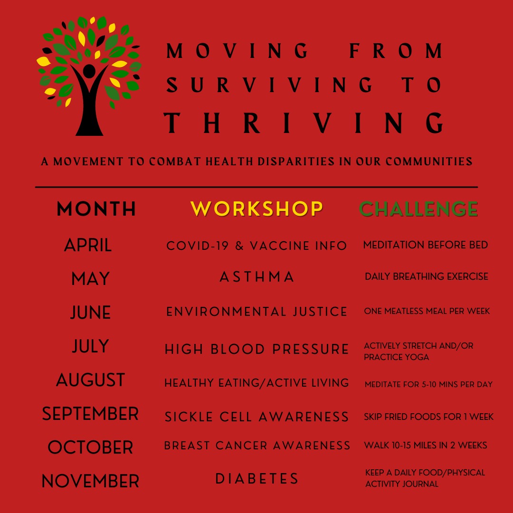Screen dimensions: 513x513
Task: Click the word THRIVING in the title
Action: click(x=303, y=123)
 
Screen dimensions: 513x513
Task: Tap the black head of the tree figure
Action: click(x=89, y=70)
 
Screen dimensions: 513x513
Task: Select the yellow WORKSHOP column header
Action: click(x=256, y=209)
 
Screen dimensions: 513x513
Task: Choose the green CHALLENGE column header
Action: click(x=418, y=209)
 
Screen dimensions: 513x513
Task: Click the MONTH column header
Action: click(x=96, y=209)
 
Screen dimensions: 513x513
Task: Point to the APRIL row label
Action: click(x=88, y=245)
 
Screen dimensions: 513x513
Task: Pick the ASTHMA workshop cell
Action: click(x=257, y=277)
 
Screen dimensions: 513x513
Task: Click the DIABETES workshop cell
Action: click(x=257, y=478)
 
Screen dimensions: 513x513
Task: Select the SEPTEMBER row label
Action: click(x=90, y=414)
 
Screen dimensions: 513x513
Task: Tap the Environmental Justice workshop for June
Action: click(x=256, y=312)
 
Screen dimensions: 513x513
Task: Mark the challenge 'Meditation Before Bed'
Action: click(x=425, y=245)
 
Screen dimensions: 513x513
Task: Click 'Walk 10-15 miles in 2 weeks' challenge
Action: click(x=425, y=445)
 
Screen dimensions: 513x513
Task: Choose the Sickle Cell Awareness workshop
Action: click(x=256, y=417)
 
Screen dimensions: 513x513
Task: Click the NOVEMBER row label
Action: click(x=90, y=481)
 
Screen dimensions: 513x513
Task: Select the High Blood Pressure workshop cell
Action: click(x=256, y=349)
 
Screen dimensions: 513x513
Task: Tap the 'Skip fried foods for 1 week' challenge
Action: click(x=428, y=417)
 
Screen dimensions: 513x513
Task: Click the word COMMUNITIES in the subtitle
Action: click(x=429, y=161)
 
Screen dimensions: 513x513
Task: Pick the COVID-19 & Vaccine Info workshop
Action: click(x=256, y=246)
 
